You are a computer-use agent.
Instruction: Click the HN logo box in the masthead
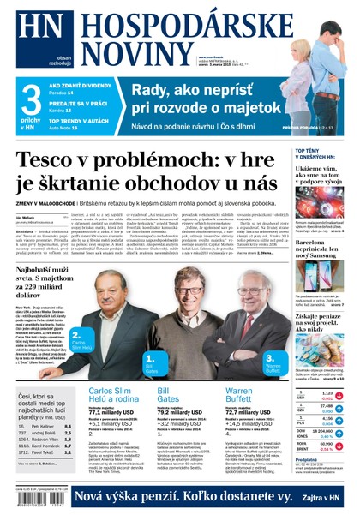[x=29, y=27]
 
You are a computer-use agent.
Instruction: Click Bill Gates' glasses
[x=193, y=290]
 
